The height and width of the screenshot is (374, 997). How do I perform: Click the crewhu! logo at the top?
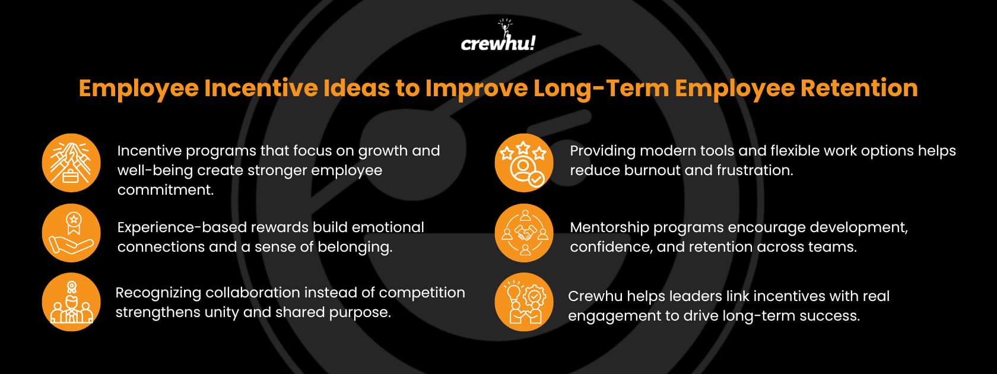(x=498, y=37)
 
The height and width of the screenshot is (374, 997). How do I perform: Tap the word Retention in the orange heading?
(x=859, y=88)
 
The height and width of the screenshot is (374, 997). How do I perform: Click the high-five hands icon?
(x=71, y=163)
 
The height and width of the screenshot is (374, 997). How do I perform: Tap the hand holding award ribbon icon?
(x=71, y=233)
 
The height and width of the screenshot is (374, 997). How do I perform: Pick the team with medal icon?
(x=71, y=302)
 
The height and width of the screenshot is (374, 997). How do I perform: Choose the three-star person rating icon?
(x=523, y=163)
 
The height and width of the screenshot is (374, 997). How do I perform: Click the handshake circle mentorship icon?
(x=523, y=233)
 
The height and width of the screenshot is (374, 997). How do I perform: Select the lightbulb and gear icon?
(x=523, y=302)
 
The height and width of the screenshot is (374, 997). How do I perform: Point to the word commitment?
(x=165, y=190)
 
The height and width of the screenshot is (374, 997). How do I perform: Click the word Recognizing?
(x=158, y=293)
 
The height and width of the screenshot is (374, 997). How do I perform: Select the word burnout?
(x=650, y=170)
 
